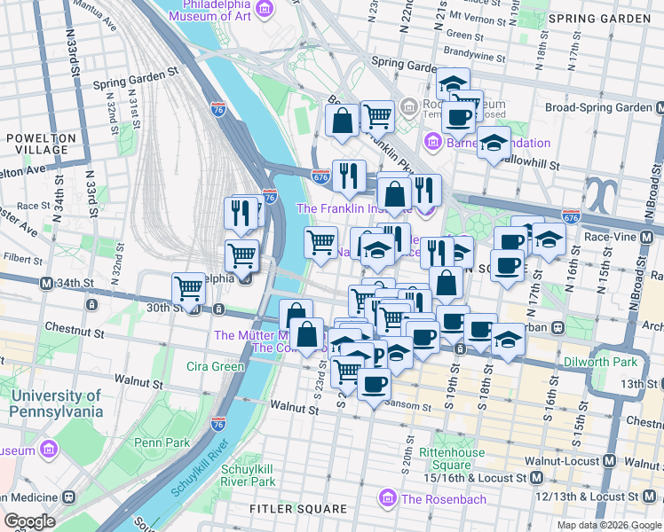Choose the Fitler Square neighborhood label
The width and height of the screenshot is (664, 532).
click(286, 509)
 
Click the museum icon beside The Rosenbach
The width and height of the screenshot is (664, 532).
click(388, 499)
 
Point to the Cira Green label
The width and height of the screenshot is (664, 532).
click(215, 366)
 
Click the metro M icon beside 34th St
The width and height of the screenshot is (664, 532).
click(46, 283)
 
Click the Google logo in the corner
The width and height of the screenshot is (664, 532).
click(29, 521)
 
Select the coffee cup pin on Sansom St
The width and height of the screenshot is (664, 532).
click(374, 385)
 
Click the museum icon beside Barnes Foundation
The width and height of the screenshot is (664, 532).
click(432, 142)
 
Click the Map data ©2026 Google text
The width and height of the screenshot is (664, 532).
click(608, 525)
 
